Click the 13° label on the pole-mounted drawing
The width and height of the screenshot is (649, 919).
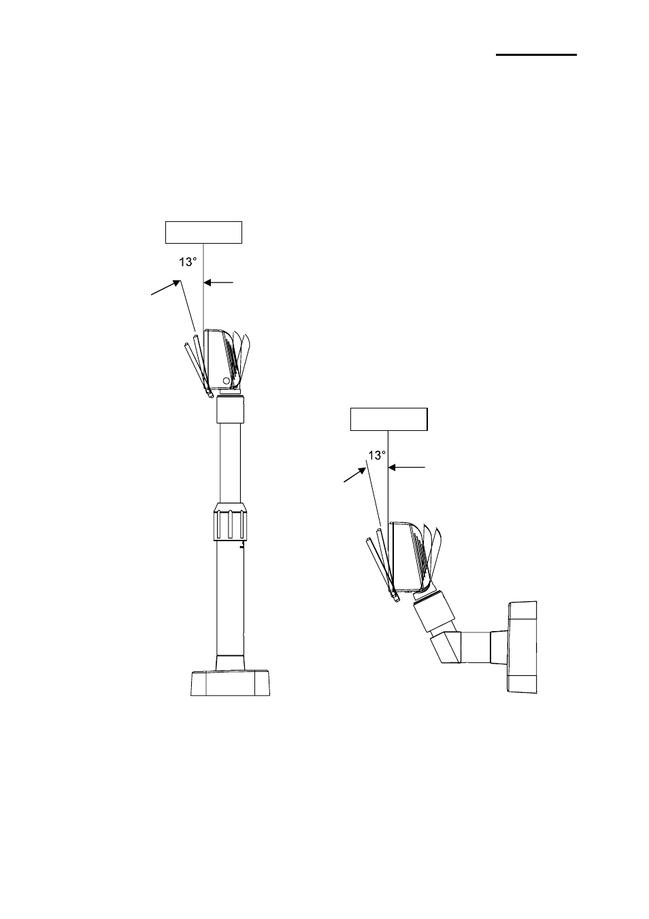click(x=188, y=262)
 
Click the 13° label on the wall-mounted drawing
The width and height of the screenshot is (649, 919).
click(x=377, y=455)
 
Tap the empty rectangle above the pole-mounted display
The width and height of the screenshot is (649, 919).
click(x=203, y=232)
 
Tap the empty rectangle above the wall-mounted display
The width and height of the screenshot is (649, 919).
click(x=388, y=419)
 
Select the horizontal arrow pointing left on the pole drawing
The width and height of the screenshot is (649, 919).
click(x=218, y=283)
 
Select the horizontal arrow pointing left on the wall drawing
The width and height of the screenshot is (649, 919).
click(x=406, y=467)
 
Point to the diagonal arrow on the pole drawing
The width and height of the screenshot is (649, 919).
click(x=165, y=287)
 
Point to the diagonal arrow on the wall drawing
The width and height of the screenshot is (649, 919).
click(x=354, y=474)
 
